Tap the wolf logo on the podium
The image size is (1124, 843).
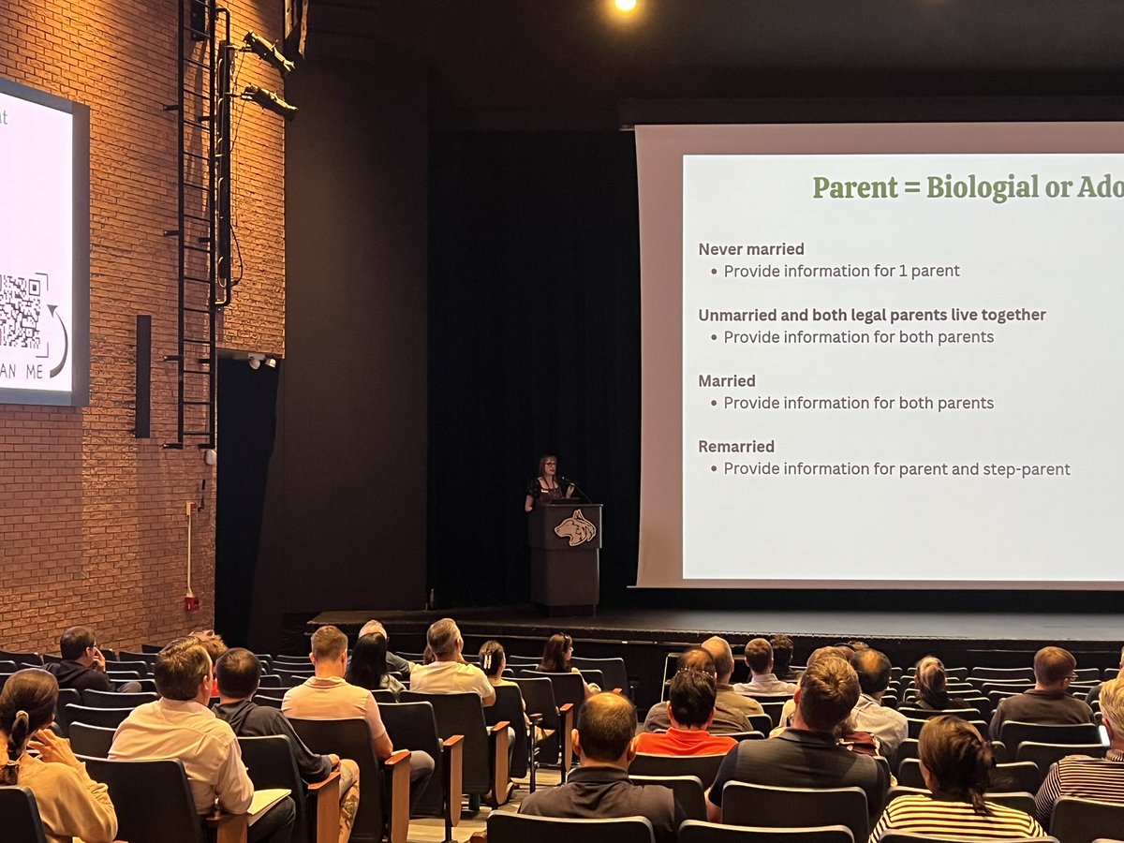tap(574, 527)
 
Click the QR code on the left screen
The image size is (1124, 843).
tap(22, 312)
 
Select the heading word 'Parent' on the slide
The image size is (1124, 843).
tap(854, 187)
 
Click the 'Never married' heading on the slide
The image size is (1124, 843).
tap(751, 249)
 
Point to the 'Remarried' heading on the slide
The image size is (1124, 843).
tap(736, 447)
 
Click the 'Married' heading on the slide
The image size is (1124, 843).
tap(727, 381)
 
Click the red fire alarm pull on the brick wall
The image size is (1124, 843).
tap(191, 601)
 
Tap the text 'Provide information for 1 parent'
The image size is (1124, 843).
tap(841, 272)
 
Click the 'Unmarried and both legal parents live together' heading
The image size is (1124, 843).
tap(872, 315)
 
